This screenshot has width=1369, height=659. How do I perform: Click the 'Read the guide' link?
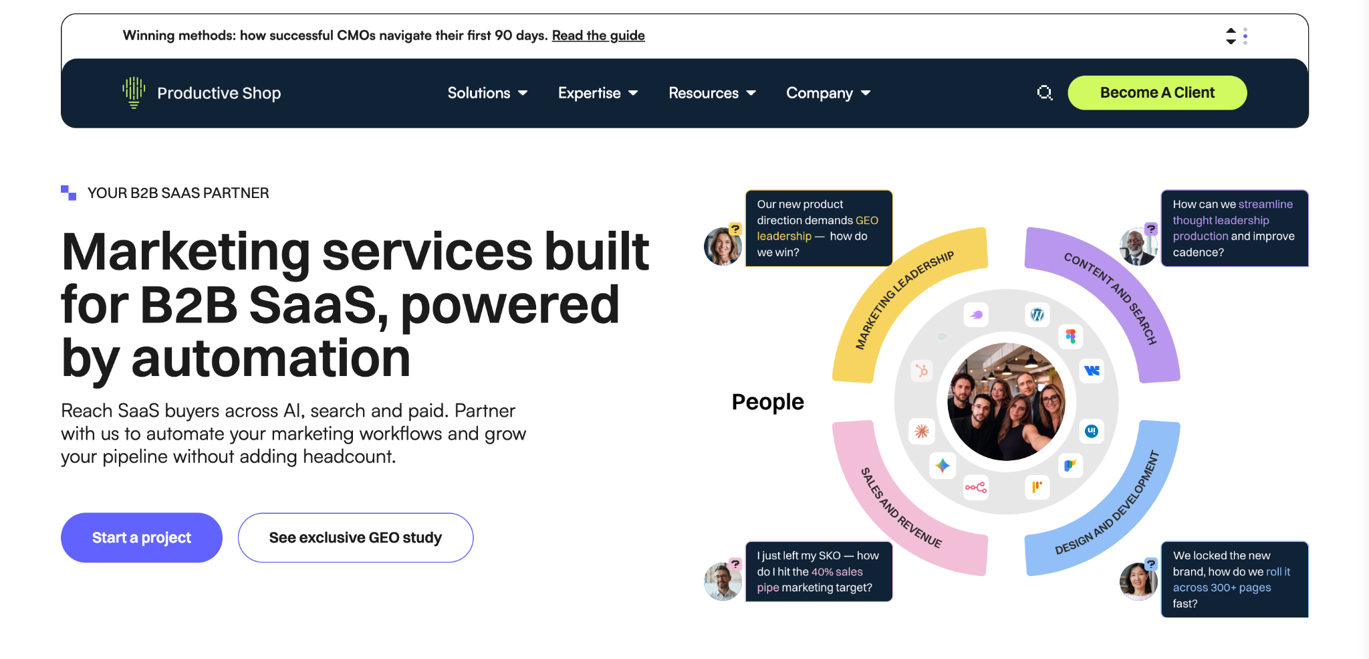point(598,35)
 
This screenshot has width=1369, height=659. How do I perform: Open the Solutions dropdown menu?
point(487,93)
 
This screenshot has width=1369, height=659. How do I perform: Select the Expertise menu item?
point(598,93)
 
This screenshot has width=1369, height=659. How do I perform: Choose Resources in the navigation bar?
point(712,93)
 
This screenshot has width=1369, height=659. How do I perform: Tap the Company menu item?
point(828,93)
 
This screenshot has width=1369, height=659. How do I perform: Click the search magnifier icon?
point(1045,93)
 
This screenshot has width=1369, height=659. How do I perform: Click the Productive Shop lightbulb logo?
point(134,92)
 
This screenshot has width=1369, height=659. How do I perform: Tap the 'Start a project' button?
point(142,538)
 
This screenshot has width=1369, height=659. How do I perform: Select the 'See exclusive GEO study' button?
point(356,538)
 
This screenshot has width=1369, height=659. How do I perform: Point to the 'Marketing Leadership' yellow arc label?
point(904,300)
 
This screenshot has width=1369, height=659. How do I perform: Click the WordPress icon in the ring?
point(1037,314)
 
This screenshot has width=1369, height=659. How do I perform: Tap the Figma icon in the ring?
point(1071,337)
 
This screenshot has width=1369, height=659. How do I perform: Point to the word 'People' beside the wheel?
point(768,402)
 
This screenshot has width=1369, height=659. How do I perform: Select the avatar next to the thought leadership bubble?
point(1138,246)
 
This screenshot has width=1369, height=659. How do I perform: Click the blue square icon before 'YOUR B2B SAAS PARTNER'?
point(68,193)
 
